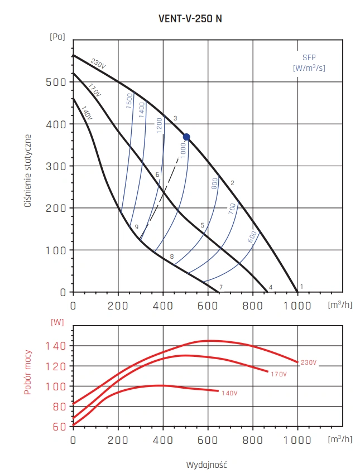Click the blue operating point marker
[186, 137]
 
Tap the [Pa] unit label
[57, 37]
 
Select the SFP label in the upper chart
[309, 58]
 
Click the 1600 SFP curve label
[129, 101]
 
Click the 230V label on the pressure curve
[98, 64]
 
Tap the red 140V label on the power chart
[229, 393]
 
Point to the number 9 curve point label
[136, 227]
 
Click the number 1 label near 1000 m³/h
[302, 287]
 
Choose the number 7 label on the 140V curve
[222, 287]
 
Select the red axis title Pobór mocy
[27, 372]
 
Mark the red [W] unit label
[57, 322]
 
